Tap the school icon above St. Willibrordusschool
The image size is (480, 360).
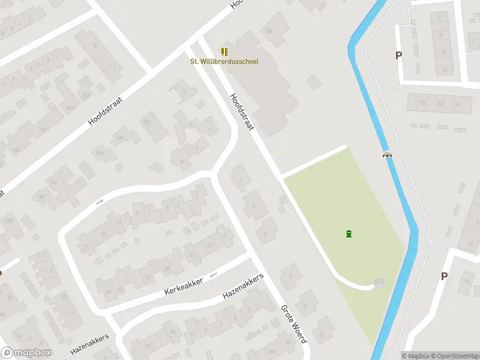click(x=224, y=52)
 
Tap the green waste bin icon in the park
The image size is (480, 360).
click(x=349, y=233)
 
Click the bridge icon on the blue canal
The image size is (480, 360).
click(x=388, y=155)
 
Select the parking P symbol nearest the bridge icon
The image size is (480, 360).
click(x=398, y=56)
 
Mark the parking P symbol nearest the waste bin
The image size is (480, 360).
click(x=444, y=276)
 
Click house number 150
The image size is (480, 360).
click(x=147, y=122)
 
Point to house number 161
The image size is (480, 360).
click(x=71, y=109)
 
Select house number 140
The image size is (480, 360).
click(x=41, y=196)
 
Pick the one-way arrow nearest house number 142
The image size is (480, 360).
click(x=100, y=201)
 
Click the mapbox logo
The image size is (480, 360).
click(x=26, y=353)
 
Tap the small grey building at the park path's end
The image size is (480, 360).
click(x=379, y=283)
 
